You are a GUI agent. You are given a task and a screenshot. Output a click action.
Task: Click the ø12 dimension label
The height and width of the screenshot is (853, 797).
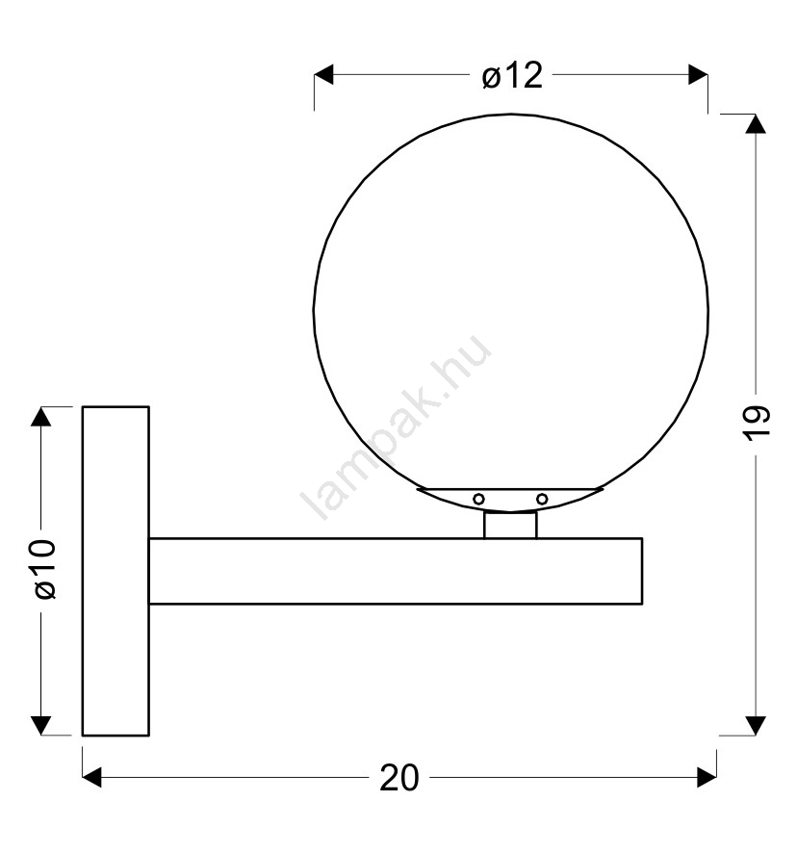[512, 75]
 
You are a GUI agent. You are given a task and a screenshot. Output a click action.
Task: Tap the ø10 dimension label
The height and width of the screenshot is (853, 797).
[45, 569]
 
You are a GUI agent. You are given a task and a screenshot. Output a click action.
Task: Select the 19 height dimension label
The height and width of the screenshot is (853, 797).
[757, 423]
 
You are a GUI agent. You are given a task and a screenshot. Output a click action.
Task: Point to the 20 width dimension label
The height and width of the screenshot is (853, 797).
[398, 777]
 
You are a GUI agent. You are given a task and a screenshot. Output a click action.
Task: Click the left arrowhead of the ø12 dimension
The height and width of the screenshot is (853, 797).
[323, 74]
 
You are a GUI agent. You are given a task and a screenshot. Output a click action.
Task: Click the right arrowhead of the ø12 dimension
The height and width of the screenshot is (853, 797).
[698, 74]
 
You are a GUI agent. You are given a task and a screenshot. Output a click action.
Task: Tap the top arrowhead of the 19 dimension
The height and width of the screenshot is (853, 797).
[756, 124]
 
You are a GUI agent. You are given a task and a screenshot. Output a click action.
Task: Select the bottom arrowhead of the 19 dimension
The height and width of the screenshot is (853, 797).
[756, 726]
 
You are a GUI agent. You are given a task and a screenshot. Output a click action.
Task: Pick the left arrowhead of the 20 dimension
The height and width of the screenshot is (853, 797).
[91, 777]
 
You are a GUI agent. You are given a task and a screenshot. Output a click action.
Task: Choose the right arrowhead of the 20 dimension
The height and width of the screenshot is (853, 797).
[707, 777]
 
